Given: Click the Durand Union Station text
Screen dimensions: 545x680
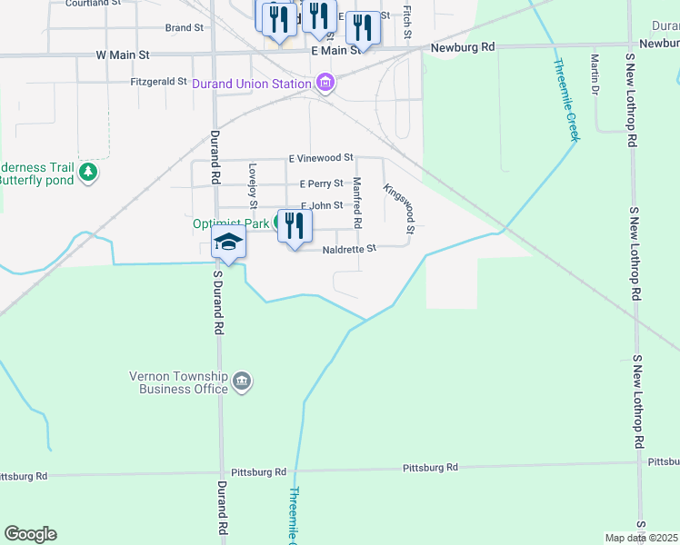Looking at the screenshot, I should coord(252,85).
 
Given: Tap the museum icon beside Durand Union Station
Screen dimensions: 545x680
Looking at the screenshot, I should coord(325,85).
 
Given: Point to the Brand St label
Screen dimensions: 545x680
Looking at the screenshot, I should coord(185,28).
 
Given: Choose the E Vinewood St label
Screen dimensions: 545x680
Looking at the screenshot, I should coord(320,159).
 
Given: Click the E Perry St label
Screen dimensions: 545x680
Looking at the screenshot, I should coord(321,183).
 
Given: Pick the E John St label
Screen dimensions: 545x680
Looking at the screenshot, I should coord(322,206).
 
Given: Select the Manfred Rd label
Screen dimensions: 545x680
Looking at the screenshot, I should coord(357,203).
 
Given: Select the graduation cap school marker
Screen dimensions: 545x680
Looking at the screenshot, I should coord(228,242).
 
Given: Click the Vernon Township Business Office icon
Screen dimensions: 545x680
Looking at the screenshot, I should coord(243,381).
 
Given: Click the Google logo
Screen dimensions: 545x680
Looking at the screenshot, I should coord(30,534).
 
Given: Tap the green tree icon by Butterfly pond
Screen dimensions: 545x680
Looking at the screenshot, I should coord(88,172).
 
